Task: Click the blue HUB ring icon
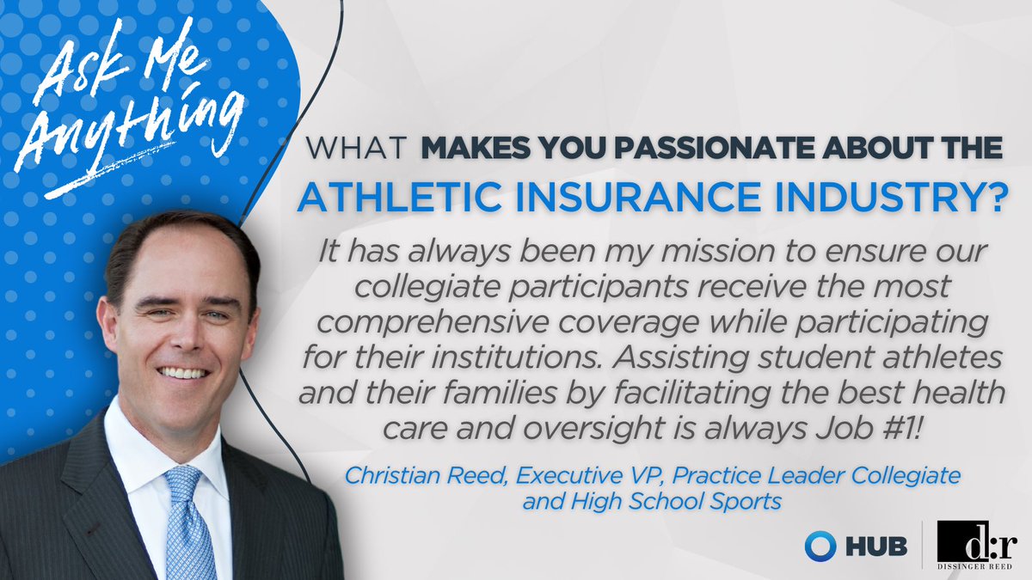click(817, 545)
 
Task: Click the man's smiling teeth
click(184, 373)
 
